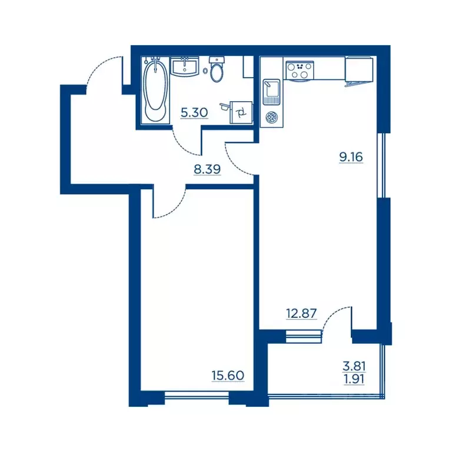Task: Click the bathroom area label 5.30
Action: tap(194, 112)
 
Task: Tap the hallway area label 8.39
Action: tap(207, 169)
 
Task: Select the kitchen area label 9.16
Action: tap(351, 157)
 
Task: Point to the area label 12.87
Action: tap(301, 313)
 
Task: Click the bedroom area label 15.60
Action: tap(228, 375)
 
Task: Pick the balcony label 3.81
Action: tap(354, 367)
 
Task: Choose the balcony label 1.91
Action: tap(354, 380)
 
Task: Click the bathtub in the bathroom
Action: tap(155, 90)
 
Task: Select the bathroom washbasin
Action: tap(184, 67)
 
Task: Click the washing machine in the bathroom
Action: tap(241, 112)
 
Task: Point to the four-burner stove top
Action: tap(300, 71)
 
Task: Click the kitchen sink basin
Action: tap(271, 92)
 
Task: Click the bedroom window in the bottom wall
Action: tap(197, 395)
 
